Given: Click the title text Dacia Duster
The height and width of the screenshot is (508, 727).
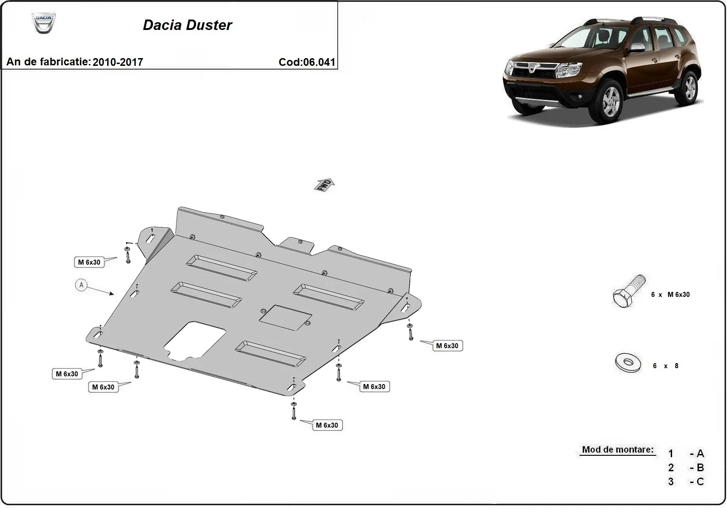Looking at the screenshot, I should point(187,25).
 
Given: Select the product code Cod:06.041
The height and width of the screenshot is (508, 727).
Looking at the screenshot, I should point(307,62).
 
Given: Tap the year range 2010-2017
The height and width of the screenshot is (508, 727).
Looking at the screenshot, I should point(118,62).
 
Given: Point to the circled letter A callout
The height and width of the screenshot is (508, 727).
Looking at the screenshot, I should point(81,285).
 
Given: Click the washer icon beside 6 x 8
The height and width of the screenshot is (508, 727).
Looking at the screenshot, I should point(629,363).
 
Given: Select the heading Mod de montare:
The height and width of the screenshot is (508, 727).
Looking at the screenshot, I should point(618,450).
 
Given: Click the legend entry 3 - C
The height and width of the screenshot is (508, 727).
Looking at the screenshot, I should point(686,482).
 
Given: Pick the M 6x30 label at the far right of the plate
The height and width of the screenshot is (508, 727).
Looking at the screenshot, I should point(447,346).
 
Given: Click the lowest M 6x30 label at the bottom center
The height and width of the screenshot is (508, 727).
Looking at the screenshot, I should point(327,425).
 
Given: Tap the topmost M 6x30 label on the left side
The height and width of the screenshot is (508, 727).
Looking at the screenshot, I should point(89,262).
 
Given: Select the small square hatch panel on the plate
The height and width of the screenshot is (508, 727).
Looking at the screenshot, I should point(285,317).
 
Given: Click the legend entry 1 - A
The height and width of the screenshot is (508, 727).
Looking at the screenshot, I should point(686,454).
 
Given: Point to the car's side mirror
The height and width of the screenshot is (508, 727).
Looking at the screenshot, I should point(637,48).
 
